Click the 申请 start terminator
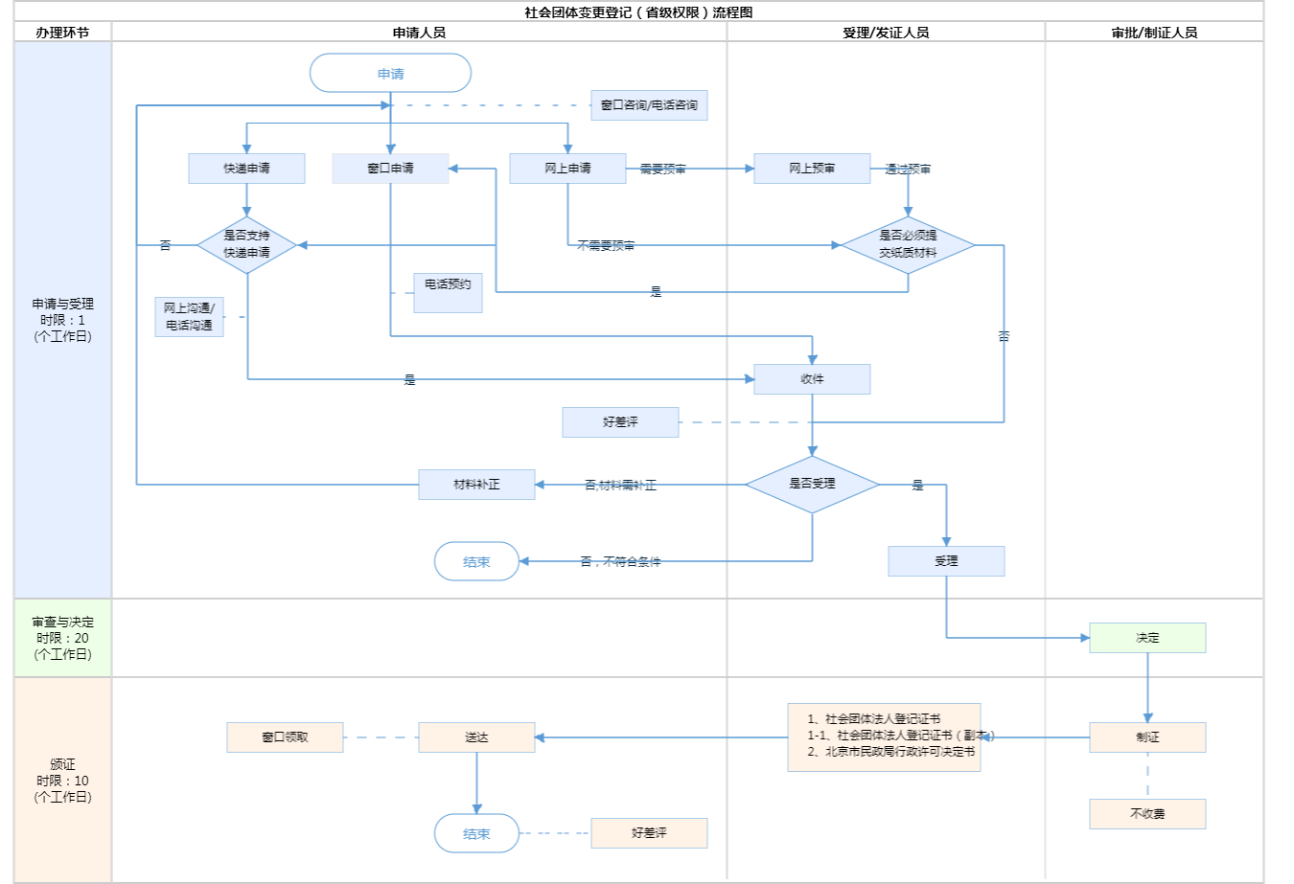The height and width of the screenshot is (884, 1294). [x=390, y=74]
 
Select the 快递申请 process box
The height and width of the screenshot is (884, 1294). [x=246, y=169]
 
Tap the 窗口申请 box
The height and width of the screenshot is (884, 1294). [x=390, y=169]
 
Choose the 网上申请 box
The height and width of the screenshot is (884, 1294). [x=567, y=169]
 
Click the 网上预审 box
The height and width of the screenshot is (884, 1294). [x=812, y=169]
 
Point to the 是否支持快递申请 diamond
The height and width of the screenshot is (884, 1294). [x=246, y=244]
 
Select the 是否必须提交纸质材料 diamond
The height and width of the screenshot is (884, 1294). [x=908, y=244]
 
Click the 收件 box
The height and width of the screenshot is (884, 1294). [x=812, y=379]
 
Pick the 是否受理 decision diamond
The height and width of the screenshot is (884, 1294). [x=812, y=484]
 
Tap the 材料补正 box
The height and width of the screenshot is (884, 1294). [x=476, y=485]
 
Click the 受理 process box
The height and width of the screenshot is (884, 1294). [x=946, y=561]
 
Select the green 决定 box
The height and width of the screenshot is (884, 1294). [x=1147, y=638]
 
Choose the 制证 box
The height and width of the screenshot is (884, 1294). [x=1147, y=737]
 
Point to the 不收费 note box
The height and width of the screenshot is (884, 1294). [x=1147, y=814]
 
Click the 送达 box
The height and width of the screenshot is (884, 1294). [x=476, y=737]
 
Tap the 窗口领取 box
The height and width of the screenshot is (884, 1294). [x=285, y=737]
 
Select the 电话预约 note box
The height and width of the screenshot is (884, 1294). [x=448, y=292]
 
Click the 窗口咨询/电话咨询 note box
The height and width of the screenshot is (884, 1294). [x=649, y=105]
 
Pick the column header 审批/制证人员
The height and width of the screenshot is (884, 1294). [x=1154, y=33]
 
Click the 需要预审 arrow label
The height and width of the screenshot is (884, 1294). [x=662, y=170]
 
